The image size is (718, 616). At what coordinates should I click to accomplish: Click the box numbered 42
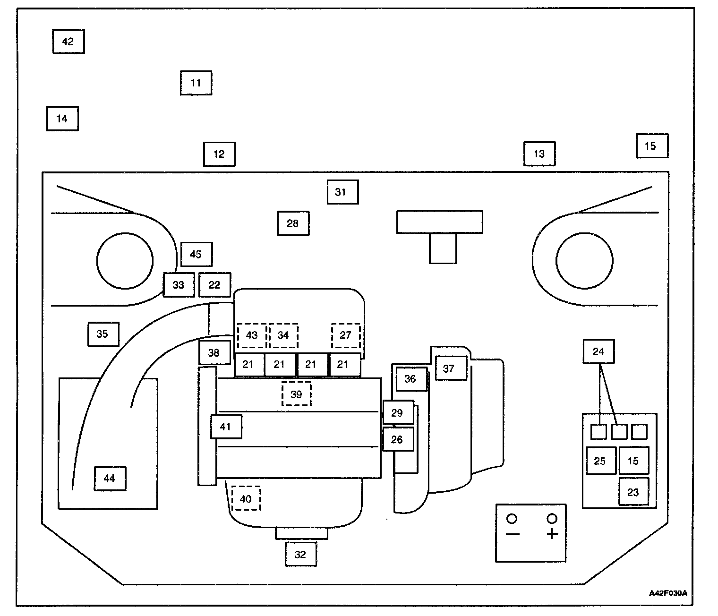click(68, 42)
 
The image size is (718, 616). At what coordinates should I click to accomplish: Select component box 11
click(196, 83)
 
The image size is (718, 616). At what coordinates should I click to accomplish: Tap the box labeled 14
click(62, 119)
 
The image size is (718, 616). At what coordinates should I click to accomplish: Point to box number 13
click(539, 154)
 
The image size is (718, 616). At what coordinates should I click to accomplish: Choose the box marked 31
click(342, 192)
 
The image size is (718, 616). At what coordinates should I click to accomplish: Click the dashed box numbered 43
click(252, 335)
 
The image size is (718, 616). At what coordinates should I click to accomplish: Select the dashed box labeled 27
click(345, 335)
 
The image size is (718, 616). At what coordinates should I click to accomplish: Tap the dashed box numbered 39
click(296, 394)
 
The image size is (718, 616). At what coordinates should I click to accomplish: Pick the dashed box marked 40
click(246, 499)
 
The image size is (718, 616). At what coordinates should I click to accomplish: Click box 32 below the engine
click(300, 555)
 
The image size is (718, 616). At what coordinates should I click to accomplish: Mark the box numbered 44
click(110, 479)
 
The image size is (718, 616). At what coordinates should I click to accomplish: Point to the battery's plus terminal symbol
click(552, 534)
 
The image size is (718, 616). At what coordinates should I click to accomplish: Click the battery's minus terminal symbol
click(513, 534)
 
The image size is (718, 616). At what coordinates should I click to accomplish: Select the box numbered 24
click(598, 351)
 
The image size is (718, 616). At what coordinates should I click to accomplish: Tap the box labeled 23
click(633, 492)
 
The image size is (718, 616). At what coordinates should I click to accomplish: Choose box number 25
click(600, 461)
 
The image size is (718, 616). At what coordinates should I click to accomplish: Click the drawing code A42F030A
click(667, 593)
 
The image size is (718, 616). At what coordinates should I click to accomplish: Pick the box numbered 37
click(451, 368)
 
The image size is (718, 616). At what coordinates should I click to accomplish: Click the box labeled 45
click(196, 255)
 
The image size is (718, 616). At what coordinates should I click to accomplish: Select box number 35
click(103, 334)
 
